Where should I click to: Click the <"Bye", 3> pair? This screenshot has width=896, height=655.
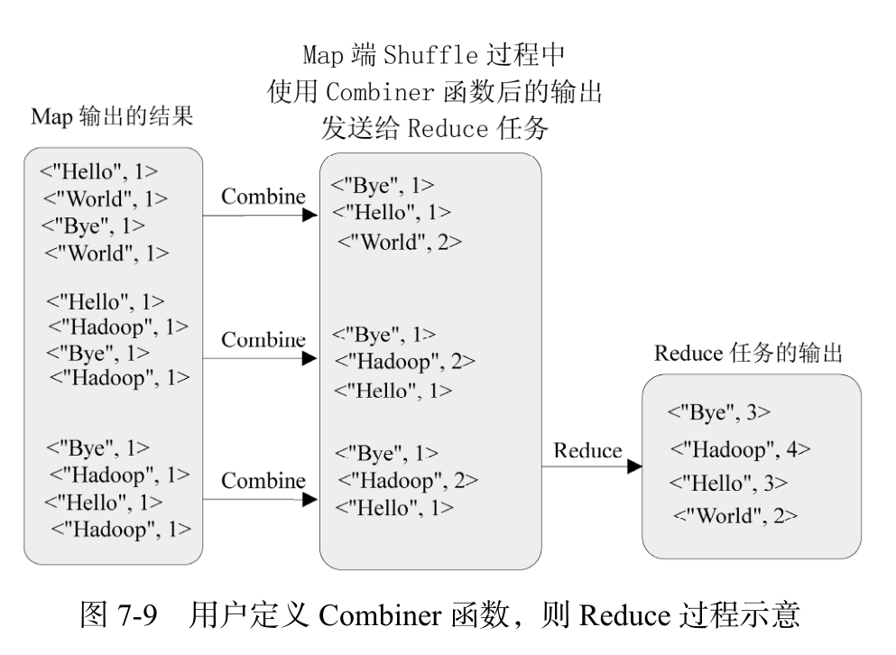[x=719, y=412]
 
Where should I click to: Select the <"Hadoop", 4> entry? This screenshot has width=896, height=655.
[x=740, y=449]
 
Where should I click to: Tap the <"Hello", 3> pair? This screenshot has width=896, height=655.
[x=728, y=483]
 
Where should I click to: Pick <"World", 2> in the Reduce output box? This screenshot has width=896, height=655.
[x=735, y=515]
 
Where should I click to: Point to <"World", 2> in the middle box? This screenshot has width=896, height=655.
[x=400, y=242]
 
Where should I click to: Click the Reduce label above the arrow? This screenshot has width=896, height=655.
[x=587, y=450]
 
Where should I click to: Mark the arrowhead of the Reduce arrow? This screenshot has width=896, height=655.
[x=634, y=466]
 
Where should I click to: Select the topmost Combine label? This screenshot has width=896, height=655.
[x=263, y=196]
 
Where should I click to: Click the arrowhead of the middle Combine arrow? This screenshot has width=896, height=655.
[x=309, y=358]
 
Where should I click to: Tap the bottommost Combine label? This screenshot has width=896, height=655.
[x=263, y=481]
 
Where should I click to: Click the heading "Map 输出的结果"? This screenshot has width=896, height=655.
[x=112, y=116]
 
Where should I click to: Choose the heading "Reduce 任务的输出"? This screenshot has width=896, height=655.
[x=748, y=353]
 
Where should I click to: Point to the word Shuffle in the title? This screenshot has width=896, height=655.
[x=430, y=55]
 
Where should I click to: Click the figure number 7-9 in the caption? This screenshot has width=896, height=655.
[x=137, y=615]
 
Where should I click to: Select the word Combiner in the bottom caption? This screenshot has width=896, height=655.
[x=380, y=615]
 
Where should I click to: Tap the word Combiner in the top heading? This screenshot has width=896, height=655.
[x=380, y=91]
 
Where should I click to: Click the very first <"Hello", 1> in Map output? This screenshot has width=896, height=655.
[x=98, y=171]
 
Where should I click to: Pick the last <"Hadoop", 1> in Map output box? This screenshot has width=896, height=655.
[x=121, y=530]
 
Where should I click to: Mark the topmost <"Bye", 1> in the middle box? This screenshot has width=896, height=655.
[x=383, y=185]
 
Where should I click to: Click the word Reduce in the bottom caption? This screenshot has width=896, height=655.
[x=624, y=615]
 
